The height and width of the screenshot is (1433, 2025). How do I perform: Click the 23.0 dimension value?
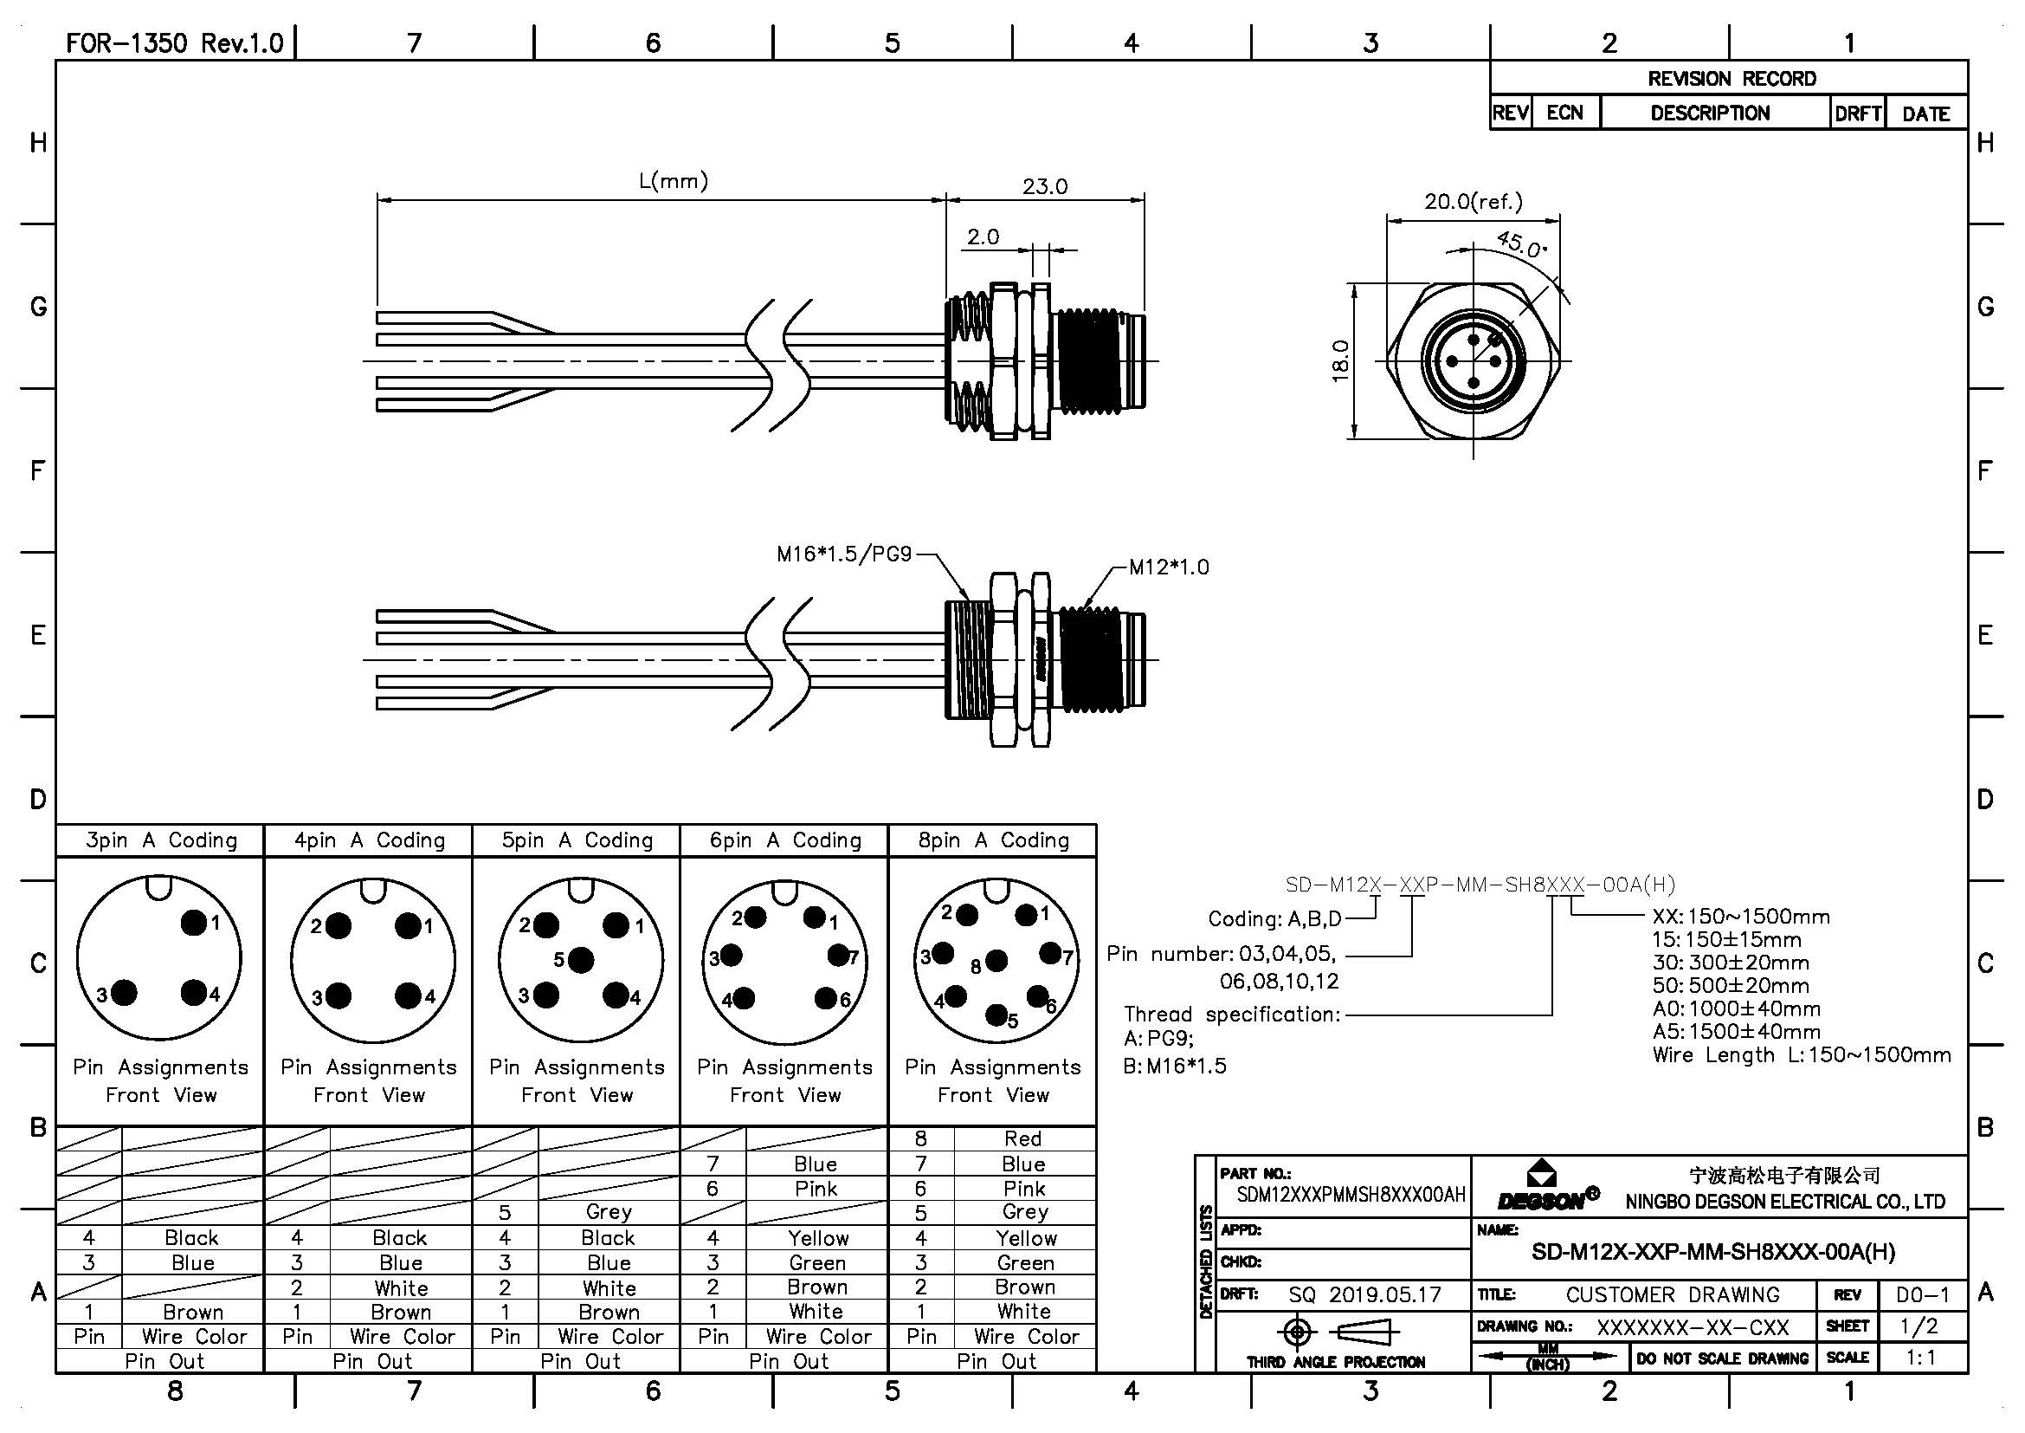[x=1044, y=186]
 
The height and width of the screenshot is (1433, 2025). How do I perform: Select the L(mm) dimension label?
[x=673, y=181]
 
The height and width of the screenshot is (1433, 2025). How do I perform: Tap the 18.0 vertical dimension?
[x=1340, y=361]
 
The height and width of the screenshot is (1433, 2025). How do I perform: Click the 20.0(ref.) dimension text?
[x=1473, y=201]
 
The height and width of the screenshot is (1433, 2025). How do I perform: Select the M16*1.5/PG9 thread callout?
[x=843, y=554]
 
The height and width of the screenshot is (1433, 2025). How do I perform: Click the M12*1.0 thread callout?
[x=1169, y=567]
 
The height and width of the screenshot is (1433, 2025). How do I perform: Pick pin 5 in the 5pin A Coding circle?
[x=580, y=959]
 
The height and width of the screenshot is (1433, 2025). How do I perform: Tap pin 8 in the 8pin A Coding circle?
[x=996, y=960]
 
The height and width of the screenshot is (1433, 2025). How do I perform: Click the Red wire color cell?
[x=1023, y=1138]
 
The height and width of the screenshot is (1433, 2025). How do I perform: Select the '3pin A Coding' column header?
[x=160, y=840]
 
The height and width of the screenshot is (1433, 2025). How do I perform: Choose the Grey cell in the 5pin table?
[x=609, y=1211]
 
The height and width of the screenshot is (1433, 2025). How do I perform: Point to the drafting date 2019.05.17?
[x=1384, y=1294]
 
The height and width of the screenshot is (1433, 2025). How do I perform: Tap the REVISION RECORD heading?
[x=1732, y=79]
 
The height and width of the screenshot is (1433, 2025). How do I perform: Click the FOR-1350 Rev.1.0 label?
[x=175, y=42]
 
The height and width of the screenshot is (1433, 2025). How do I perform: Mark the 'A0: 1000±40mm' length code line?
[x=1736, y=1008]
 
